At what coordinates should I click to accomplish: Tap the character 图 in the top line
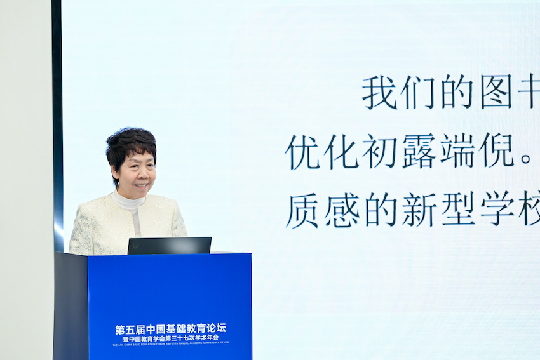pyautogui.click(x=496, y=93)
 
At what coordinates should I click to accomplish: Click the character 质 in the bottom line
pyautogui.click(x=302, y=210)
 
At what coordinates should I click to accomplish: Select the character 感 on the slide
pyautogui.click(x=341, y=210)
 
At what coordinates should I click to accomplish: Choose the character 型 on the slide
pyautogui.click(x=457, y=210)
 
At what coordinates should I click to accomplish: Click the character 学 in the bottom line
pyautogui.click(x=496, y=210)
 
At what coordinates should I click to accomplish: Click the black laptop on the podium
pyautogui.click(x=169, y=246)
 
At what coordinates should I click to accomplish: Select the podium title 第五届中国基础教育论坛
pyautogui.click(x=170, y=329)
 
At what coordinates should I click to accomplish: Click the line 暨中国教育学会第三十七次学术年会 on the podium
pyautogui.click(x=170, y=338)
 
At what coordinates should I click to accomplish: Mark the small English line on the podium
pyautogui.click(x=170, y=345)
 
